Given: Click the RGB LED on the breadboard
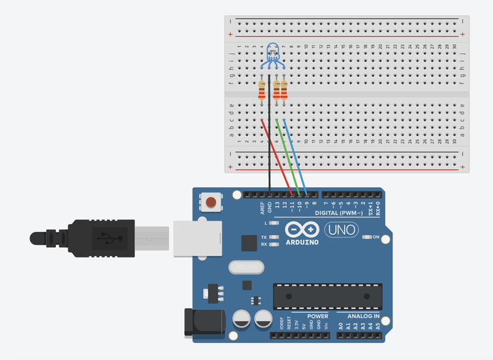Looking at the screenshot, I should click(x=273, y=53).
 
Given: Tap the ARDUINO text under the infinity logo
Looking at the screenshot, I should click(x=302, y=242).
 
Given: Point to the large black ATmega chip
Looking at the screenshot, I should click(x=327, y=296).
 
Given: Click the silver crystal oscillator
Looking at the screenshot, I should click(x=245, y=267).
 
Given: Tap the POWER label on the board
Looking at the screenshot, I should click(x=317, y=316).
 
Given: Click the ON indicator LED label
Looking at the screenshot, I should click(x=377, y=237).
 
